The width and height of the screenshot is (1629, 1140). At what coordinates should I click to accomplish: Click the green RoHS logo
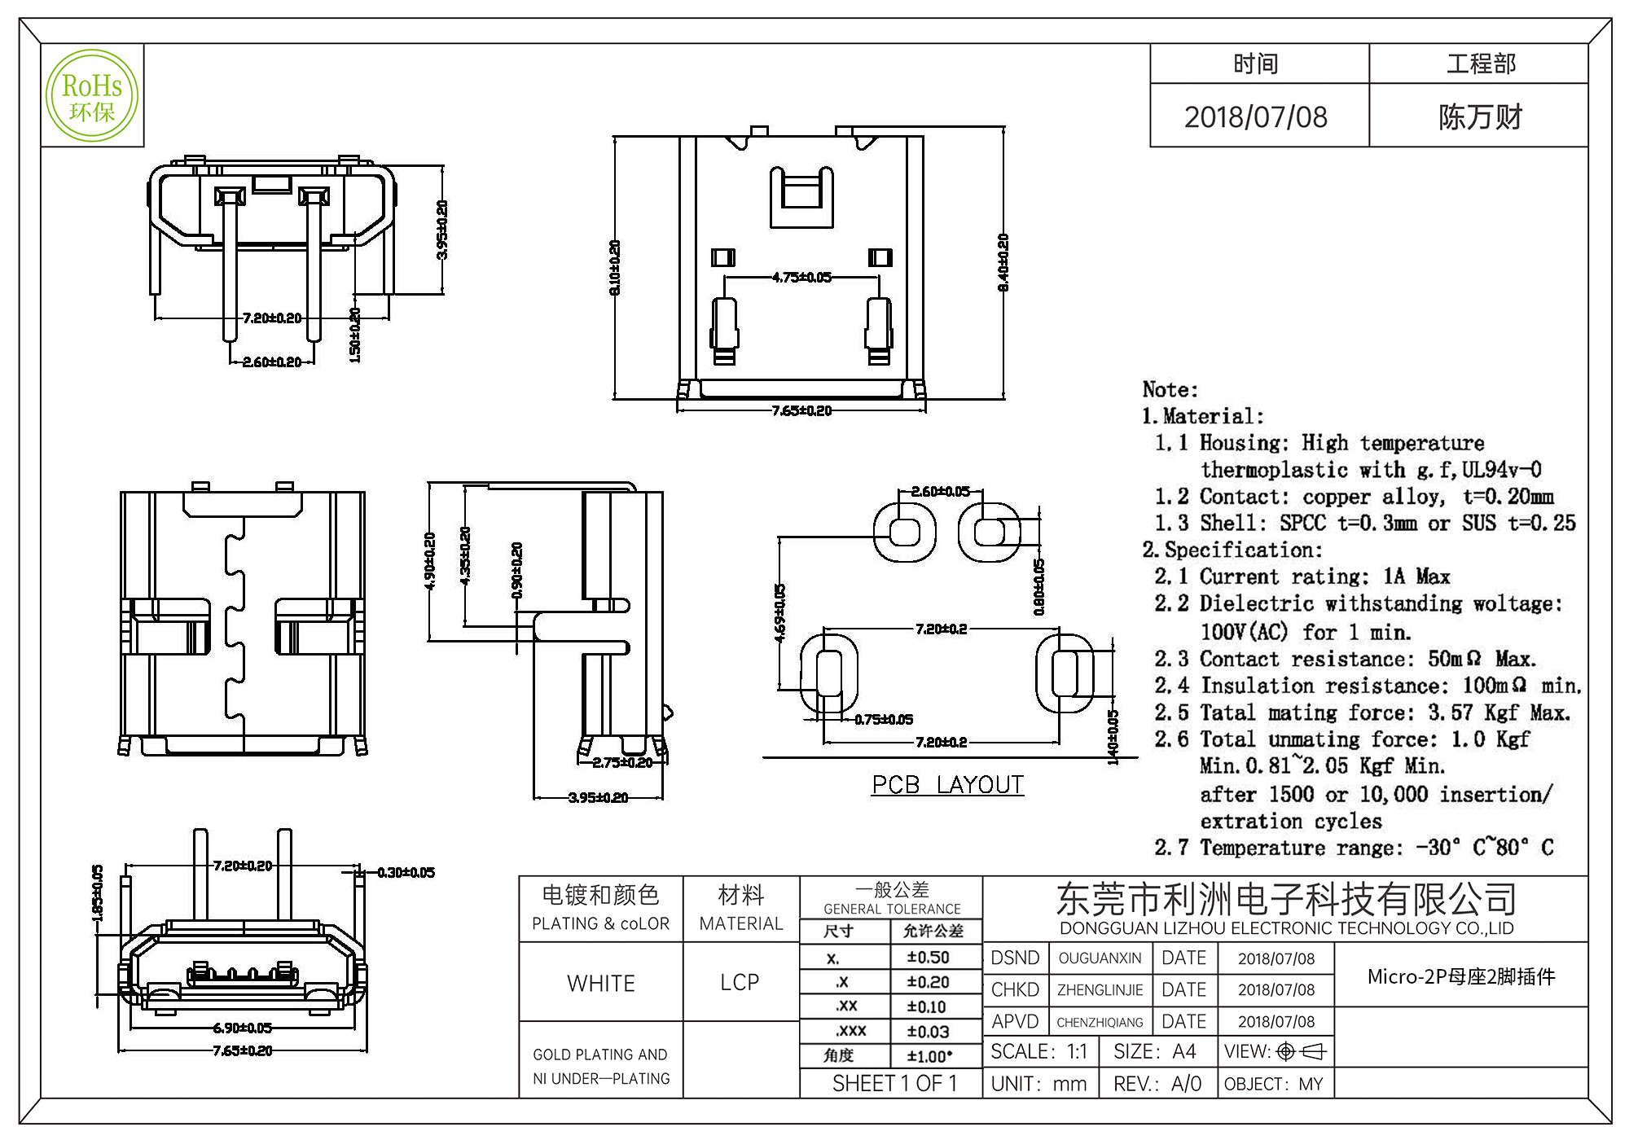[92, 96]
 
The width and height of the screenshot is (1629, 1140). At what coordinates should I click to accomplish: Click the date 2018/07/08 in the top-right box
[1255, 117]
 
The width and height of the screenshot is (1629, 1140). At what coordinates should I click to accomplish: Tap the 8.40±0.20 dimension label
[1003, 262]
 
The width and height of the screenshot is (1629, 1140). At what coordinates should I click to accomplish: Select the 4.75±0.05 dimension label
[801, 278]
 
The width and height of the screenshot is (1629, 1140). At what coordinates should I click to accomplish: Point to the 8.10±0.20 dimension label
[615, 267]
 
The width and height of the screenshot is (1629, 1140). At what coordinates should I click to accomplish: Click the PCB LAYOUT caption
[947, 785]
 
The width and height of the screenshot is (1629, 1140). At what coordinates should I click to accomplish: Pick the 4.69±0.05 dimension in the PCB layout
[779, 612]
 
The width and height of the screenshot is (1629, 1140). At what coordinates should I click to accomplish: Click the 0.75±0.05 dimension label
[884, 720]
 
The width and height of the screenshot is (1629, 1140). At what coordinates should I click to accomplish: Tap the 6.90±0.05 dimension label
[243, 1028]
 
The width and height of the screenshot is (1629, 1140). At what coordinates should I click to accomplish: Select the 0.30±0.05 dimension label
[406, 873]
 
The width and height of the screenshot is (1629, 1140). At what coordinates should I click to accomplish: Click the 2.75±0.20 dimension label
[622, 763]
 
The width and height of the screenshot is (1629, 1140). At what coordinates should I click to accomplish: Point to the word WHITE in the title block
[601, 984]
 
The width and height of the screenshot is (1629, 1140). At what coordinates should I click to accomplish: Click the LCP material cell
[740, 983]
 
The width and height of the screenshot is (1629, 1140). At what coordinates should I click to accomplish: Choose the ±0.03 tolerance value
[928, 1033]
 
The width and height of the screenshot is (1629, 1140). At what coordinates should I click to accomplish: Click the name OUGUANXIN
[1100, 958]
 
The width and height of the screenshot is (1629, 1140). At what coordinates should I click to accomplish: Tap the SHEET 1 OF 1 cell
[894, 1084]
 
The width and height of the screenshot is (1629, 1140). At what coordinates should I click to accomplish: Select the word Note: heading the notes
[1170, 389]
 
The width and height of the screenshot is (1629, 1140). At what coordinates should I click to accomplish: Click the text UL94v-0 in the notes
[1501, 470]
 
